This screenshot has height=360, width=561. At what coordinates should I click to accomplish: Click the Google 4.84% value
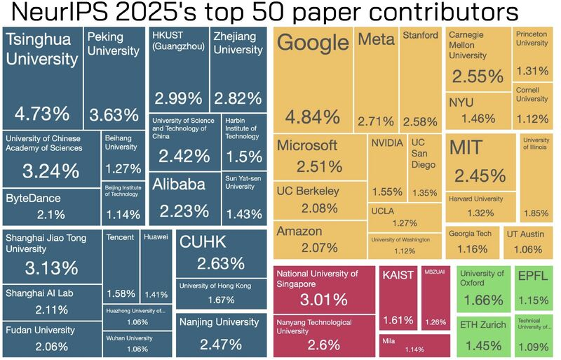[x=313, y=116]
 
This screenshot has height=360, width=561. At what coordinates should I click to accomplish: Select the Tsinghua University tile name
[x=42, y=49]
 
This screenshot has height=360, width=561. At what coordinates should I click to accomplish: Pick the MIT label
[x=466, y=148]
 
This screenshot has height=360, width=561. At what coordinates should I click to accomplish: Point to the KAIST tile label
[x=398, y=274]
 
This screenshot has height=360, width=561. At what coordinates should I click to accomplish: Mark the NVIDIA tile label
[x=387, y=143]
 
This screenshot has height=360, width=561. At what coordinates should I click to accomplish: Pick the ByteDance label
[x=34, y=199]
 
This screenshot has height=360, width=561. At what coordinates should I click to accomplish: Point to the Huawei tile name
[x=156, y=237]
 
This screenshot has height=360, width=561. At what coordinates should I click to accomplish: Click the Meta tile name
[x=376, y=39]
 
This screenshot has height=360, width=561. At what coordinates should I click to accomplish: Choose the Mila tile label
[x=389, y=341]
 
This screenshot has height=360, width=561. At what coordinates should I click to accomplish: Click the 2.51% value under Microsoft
[x=319, y=167]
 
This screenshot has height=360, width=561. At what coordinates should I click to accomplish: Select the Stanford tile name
[x=420, y=35]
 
